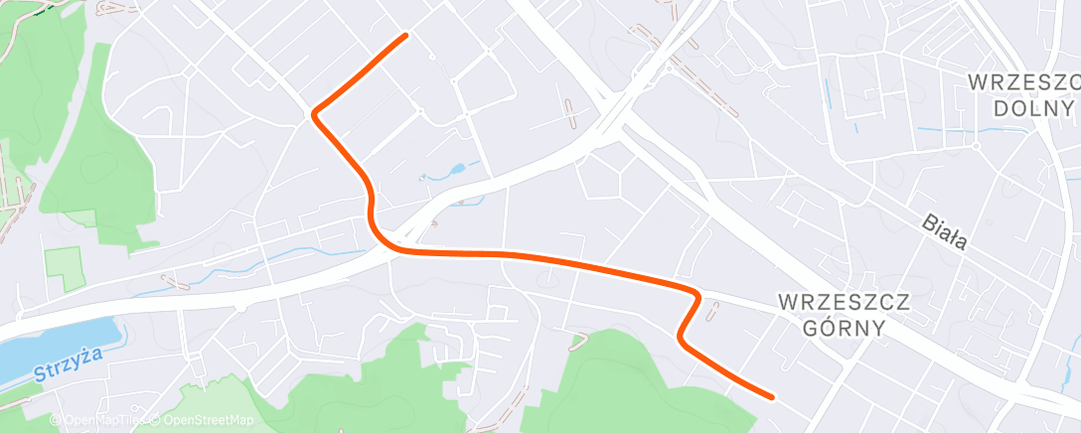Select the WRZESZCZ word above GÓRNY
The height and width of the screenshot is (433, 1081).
pos(831,301)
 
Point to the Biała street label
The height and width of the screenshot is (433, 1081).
pos(943,233)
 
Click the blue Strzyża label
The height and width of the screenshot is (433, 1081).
pos(61,376)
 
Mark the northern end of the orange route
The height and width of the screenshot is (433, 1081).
pos(405,36)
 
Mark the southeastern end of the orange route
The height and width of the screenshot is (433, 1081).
pos(771,396)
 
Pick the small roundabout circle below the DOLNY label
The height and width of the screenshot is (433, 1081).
pos(978,146)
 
